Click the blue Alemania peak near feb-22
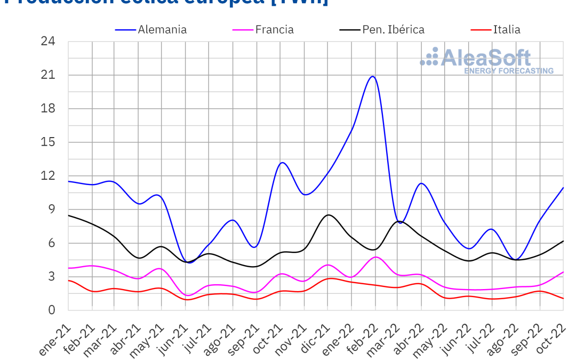372,76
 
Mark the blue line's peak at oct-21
282,162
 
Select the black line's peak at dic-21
329,215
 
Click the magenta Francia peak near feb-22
376,257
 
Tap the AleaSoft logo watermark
486,60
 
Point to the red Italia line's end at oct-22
563,298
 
